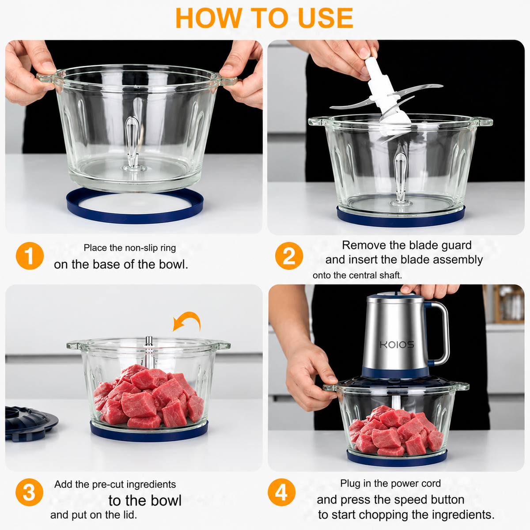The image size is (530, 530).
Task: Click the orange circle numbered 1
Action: pos(30,256)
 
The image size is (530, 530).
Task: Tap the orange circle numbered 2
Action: pos(289,256)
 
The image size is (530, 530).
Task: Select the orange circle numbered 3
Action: pos(29,492)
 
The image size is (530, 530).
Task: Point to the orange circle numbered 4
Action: pos(282,492)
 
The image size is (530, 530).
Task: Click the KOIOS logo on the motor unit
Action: pos(397,344)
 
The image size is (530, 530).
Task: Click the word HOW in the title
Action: pos(209,18)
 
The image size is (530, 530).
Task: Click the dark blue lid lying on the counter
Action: pos(30,424)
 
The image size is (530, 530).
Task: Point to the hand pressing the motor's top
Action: pos(429,291)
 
